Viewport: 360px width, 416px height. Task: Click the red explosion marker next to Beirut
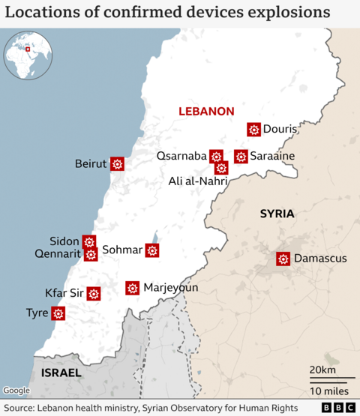(x=117, y=163)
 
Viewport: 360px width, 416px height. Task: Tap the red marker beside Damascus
(x=283, y=259)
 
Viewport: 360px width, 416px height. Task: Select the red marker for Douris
(x=253, y=130)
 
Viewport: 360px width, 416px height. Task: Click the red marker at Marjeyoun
(x=133, y=288)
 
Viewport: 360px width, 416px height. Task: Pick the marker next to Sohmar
(x=152, y=250)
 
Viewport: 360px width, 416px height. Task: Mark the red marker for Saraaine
(x=241, y=156)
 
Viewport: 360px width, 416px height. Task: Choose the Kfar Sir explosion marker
(x=94, y=293)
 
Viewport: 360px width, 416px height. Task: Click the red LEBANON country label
(x=206, y=111)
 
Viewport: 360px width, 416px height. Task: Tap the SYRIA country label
(x=277, y=214)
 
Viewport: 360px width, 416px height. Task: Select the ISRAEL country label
(x=61, y=373)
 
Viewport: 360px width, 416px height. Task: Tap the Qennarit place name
(x=56, y=254)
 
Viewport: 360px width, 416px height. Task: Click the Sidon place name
(x=64, y=241)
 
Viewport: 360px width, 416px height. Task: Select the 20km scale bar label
(x=322, y=371)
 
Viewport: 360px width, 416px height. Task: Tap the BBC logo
(x=340, y=407)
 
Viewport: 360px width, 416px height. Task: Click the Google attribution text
(x=16, y=391)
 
